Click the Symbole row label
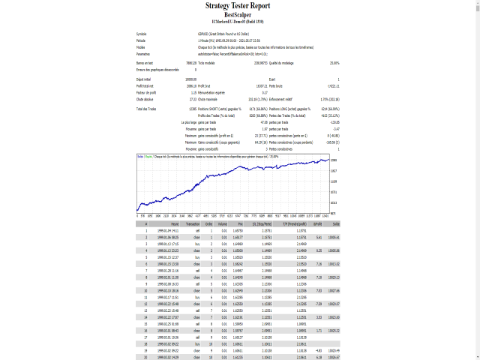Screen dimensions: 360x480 [142, 34]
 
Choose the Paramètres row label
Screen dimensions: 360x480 [143, 53]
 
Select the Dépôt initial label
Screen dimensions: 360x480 [144, 79]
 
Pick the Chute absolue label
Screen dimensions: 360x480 [144, 98]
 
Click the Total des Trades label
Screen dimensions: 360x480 [146, 109]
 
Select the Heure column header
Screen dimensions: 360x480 [174, 223]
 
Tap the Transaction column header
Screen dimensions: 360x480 [193, 223]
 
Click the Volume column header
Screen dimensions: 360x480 [222, 223]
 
